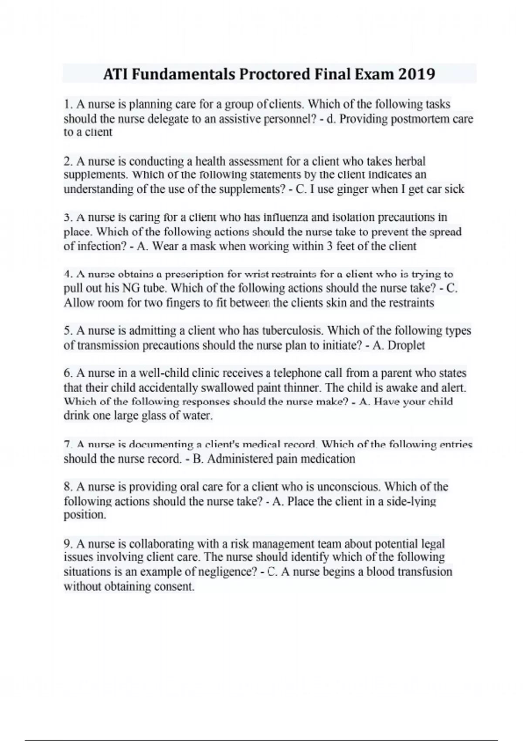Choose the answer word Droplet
(x=406, y=345)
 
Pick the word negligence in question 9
(x=227, y=572)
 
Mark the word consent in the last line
(x=174, y=587)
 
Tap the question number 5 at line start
(x=68, y=331)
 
